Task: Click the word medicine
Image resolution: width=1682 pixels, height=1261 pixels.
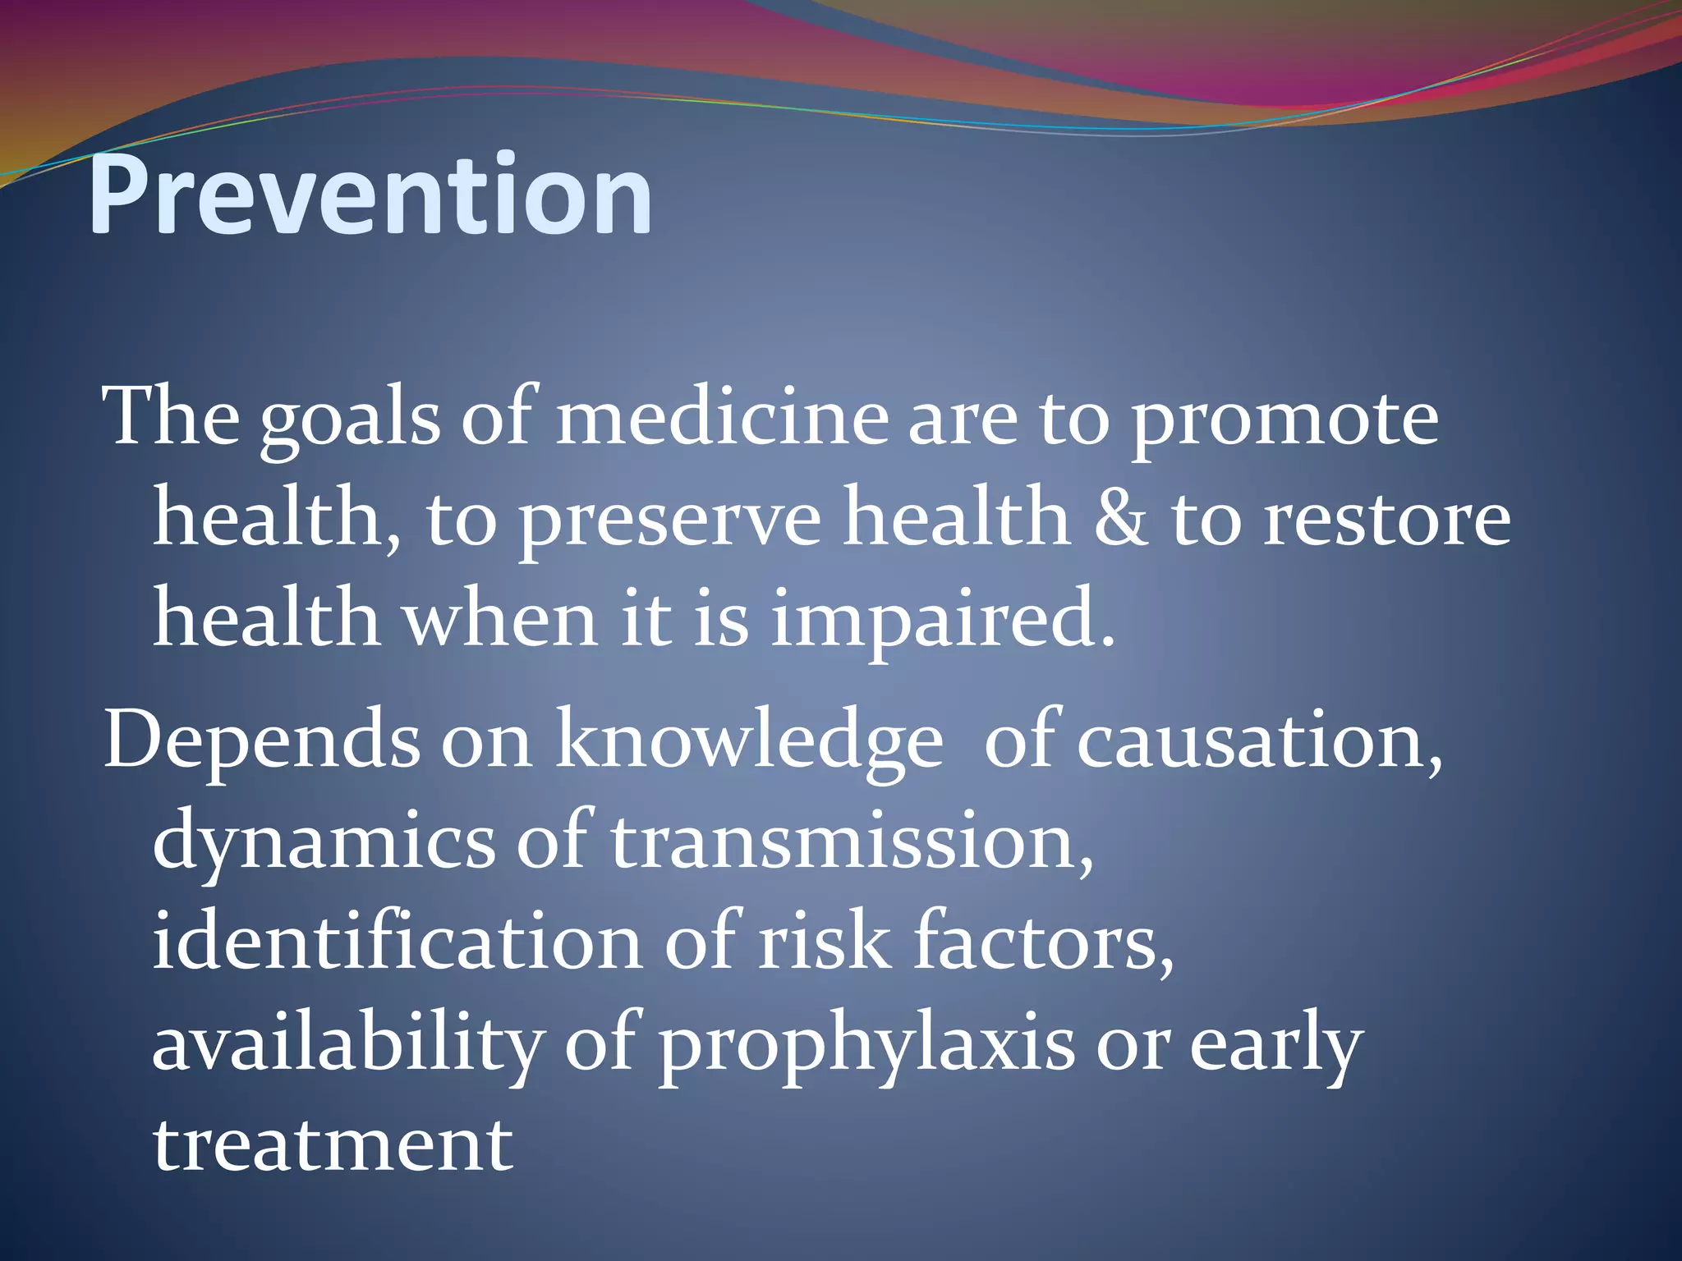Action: [x=721, y=419]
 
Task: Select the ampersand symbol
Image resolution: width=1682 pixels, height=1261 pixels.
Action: [x=1120, y=520]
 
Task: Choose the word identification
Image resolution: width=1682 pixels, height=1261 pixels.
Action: [x=397, y=942]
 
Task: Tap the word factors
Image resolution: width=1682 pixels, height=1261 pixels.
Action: [x=1043, y=942]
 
